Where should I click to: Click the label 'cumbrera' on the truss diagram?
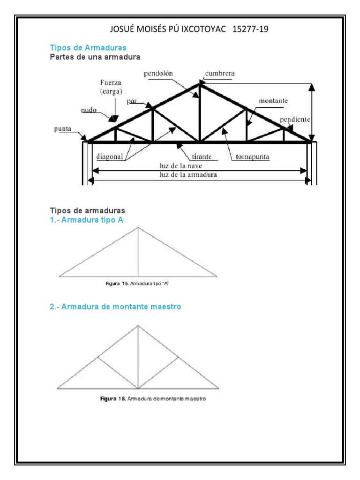click(x=220, y=74)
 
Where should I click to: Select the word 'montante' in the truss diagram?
click(x=273, y=101)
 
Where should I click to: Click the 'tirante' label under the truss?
click(x=202, y=157)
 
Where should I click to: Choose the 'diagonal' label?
click(x=110, y=157)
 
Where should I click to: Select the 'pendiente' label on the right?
click(x=295, y=120)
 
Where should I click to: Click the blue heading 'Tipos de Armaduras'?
click(x=88, y=48)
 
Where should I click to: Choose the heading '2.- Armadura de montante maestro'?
click(x=115, y=307)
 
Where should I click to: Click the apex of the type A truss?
click(x=138, y=228)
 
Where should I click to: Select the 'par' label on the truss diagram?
click(x=131, y=101)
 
